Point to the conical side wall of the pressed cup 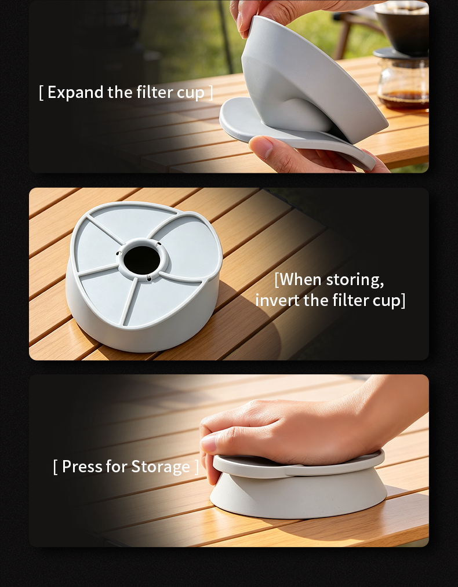click(x=299, y=497)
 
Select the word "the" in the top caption click(x=119, y=92)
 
